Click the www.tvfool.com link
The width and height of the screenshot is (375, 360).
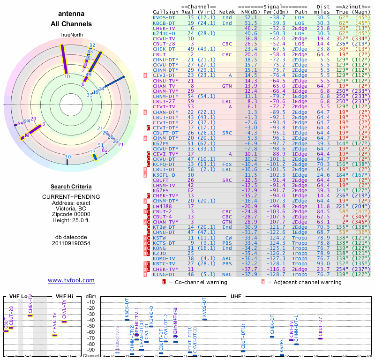pos(71,280)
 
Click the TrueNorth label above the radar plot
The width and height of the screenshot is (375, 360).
pos(71,36)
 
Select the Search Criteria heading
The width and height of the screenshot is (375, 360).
pos(71,187)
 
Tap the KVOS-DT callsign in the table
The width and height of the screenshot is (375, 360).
pos(165,17)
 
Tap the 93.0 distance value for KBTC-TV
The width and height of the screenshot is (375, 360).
pos(323,263)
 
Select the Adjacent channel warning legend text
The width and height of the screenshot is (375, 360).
pos(305,283)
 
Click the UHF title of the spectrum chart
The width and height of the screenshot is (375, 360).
pos(236,296)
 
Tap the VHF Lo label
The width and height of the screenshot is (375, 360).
pos(18,296)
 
